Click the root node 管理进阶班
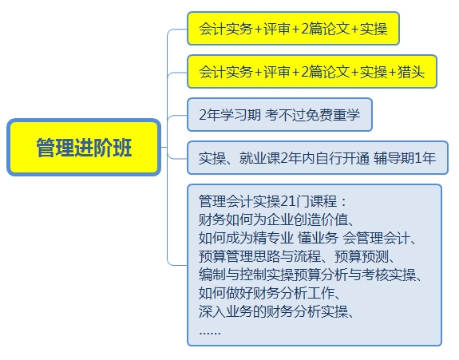pyautogui.click(x=84, y=147)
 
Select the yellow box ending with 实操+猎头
pyautogui.click(x=312, y=71)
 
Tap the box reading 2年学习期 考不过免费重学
pyautogui.click(x=279, y=114)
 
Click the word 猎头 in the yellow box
pyautogui.click(x=411, y=72)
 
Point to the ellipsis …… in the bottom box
pyautogui.click(x=210, y=333)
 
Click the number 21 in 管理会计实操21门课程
pyautogui.click(x=287, y=201)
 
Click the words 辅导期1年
pyautogui.click(x=405, y=158)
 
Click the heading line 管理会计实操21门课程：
pyautogui.click(x=272, y=201)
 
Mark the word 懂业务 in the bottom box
pyautogui.click(x=318, y=238)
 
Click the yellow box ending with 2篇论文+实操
pyautogui.click(x=293, y=29)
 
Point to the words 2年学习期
pyautogui.click(x=230, y=114)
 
